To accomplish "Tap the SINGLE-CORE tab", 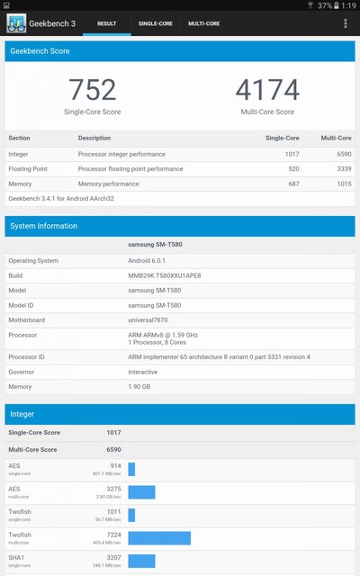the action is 156,23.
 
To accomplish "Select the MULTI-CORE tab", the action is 203,23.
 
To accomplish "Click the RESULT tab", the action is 106,23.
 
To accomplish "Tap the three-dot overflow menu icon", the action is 346,23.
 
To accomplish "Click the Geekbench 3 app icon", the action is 16,23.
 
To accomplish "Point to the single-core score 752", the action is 92,90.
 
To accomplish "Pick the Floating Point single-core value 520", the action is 293,168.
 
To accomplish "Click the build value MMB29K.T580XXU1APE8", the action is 166,275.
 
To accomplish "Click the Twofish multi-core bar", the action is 159,537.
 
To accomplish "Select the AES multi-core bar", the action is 141,492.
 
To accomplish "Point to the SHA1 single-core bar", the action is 142,561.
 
